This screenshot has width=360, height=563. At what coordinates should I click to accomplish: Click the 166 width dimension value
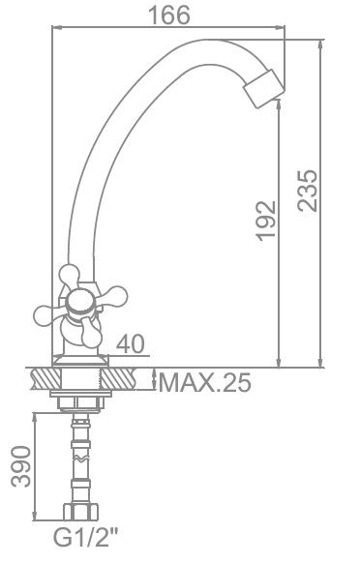click(x=168, y=15)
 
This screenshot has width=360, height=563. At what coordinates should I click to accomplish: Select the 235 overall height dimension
click(x=307, y=191)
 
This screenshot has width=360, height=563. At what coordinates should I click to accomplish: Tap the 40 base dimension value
click(x=130, y=343)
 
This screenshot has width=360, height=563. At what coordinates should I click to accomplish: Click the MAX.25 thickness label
click(x=204, y=383)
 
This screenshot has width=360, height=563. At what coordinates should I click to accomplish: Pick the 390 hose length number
click(x=21, y=466)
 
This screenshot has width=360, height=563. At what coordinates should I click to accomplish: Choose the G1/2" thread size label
click(x=86, y=538)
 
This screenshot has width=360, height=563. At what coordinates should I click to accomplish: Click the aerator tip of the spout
click(x=264, y=88)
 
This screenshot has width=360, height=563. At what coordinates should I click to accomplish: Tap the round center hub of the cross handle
click(x=81, y=305)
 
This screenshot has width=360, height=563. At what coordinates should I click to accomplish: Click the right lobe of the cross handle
click(x=110, y=297)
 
